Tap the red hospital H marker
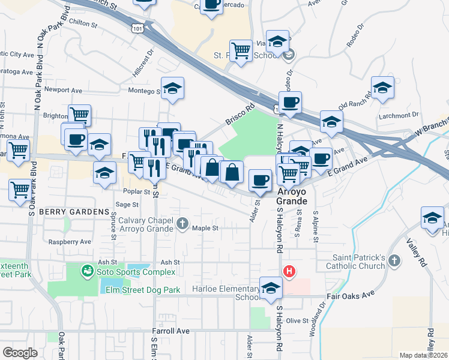click(289, 271)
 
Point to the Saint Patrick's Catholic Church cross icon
click(394, 260)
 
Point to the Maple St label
click(205, 228)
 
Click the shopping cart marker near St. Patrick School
click(241, 51)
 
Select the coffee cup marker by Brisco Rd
click(290, 103)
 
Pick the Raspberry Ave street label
click(71, 242)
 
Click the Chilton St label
click(83, 25)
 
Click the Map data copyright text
click(424, 355)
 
